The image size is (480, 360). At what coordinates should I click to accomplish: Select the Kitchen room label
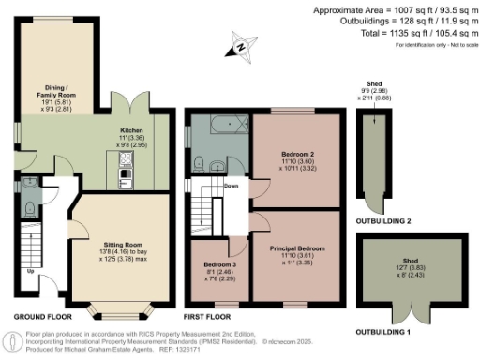pos(129,131)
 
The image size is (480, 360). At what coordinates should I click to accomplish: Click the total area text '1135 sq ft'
pos(405,33)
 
